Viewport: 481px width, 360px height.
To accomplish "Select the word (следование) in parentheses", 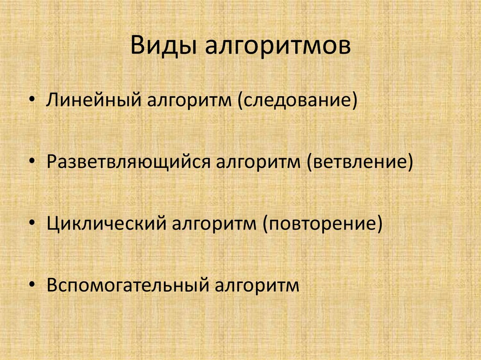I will (x=297, y=101).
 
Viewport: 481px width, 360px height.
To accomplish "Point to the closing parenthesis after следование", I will (x=353, y=101).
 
